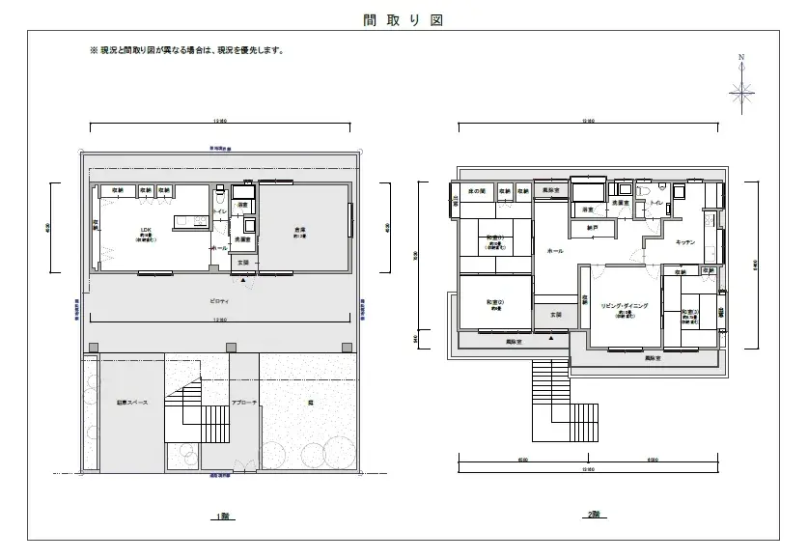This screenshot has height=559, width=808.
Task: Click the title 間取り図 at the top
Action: click(x=404, y=19)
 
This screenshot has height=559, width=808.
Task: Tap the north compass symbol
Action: click(x=741, y=91)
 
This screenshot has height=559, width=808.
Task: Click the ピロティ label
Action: click(x=220, y=300)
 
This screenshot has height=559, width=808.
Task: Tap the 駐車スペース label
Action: click(x=132, y=403)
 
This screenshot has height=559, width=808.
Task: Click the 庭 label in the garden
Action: click(x=309, y=403)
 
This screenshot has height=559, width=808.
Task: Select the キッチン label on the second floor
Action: click(x=686, y=241)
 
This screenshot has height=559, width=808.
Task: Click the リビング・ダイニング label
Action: click(x=625, y=305)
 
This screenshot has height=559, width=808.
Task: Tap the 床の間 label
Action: click(x=477, y=190)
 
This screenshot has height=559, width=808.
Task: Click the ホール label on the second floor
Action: click(x=555, y=250)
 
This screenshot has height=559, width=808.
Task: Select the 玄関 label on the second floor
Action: click(x=555, y=315)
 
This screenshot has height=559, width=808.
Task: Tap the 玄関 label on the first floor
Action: click(x=243, y=263)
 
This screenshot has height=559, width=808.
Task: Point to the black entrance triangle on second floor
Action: click(x=551, y=339)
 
